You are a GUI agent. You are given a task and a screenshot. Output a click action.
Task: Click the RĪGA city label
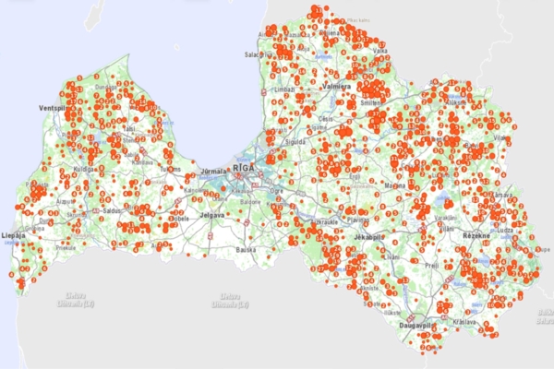(x=245, y=168)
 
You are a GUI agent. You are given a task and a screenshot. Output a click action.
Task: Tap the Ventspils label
(x=46, y=107)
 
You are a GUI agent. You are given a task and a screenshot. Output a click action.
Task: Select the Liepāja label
(x=13, y=235)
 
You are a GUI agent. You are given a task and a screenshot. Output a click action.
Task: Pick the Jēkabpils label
(x=369, y=237)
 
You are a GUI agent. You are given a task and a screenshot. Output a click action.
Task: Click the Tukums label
(x=171, y=169)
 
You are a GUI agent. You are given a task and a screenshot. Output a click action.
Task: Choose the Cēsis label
(x=326, y=119)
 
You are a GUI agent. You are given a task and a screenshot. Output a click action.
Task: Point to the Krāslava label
(x=464, y=322)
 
